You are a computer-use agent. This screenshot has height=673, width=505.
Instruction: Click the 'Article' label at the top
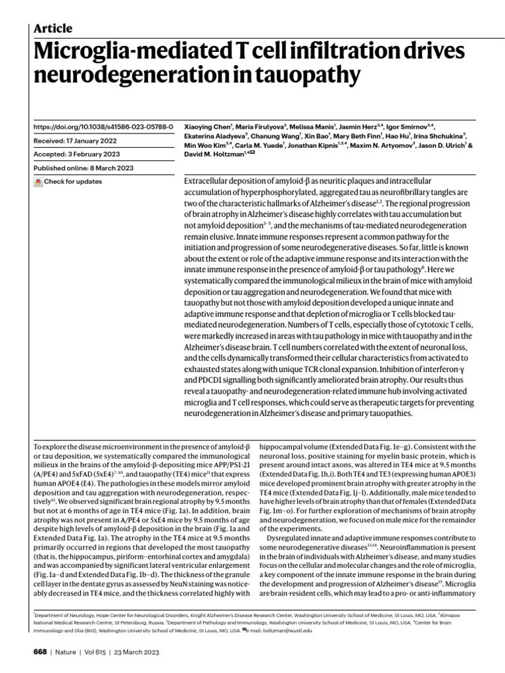click(53, 28)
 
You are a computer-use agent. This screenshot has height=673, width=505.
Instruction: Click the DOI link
click(103, 126)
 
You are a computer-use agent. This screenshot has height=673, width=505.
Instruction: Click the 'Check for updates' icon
click(37, 182)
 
